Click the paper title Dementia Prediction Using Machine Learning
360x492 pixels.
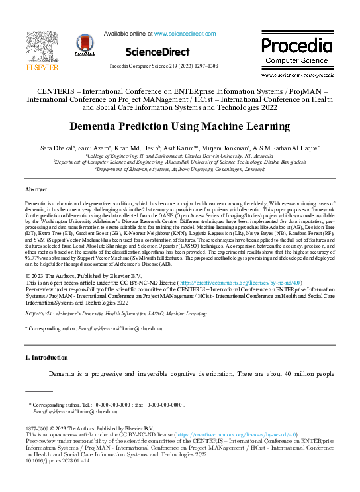click(x=179, y=126)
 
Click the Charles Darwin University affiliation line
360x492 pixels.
click(x=179, y=154)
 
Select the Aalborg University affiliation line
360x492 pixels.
click(x=179, y=168)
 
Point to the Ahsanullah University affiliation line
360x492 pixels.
click(x=179, y=161)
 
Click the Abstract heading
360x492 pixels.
click(x=37, y=188)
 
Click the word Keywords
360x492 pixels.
click(x=39, y=312)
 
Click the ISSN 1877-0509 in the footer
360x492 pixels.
click(x=38, y=428)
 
